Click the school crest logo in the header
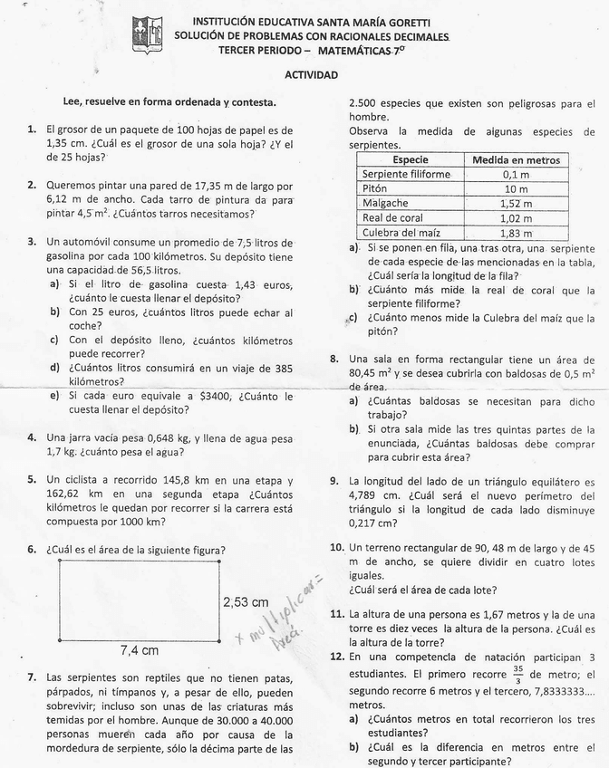(x=149, y=34)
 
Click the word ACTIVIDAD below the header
(x=311, y=76)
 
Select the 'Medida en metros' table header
(x=516, y=159)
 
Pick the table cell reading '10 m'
(x=516, y=188)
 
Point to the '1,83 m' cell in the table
(x=516, y=233)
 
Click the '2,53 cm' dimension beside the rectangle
(x=246, y=601)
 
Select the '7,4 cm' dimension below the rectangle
(x=140, y=649)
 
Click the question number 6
(x=32, y=549)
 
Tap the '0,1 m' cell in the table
(x=516, y=174)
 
